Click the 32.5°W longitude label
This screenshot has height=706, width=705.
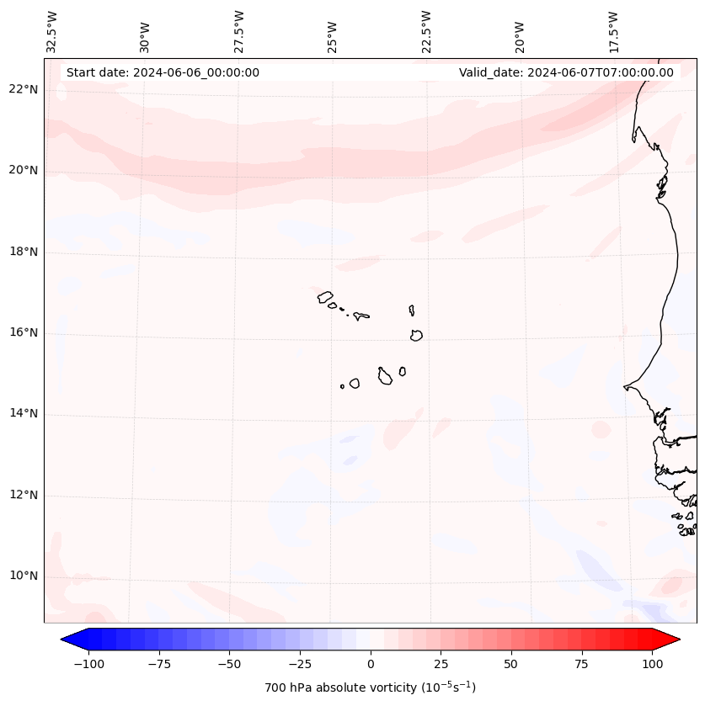coord(52,31)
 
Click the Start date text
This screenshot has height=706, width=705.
coord(163,72)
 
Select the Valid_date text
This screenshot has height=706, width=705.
coord(566,72)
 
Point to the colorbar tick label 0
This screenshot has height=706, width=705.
coord(370,664)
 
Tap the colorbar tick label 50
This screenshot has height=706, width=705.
coord(510,664)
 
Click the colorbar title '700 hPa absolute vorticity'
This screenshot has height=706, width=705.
coord(370,687)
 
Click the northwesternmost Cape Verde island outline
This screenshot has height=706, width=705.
coord(325,296)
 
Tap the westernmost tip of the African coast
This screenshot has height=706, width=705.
coord(624,387)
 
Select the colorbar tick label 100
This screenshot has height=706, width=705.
coord(651,664)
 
